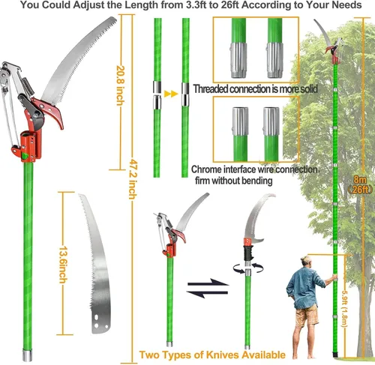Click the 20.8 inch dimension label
coord(121,85)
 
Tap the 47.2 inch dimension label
coord(133,179)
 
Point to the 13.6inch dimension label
coord(63,265)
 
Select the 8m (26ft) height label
coord(360,184)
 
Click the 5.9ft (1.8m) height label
coord(344,309)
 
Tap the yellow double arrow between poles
coord(171,94)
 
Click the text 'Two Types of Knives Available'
coord(212,355)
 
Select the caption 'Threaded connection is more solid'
coord(255,88)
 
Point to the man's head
coord(306,262)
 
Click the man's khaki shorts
coord(307,315)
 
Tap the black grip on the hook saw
coord(248,253)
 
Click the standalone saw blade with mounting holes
coord(96,264)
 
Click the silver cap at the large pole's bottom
coord(27,355)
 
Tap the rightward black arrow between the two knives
coord(208,283)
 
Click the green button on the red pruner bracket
coord(25,156)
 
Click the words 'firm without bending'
coord(233,181)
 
